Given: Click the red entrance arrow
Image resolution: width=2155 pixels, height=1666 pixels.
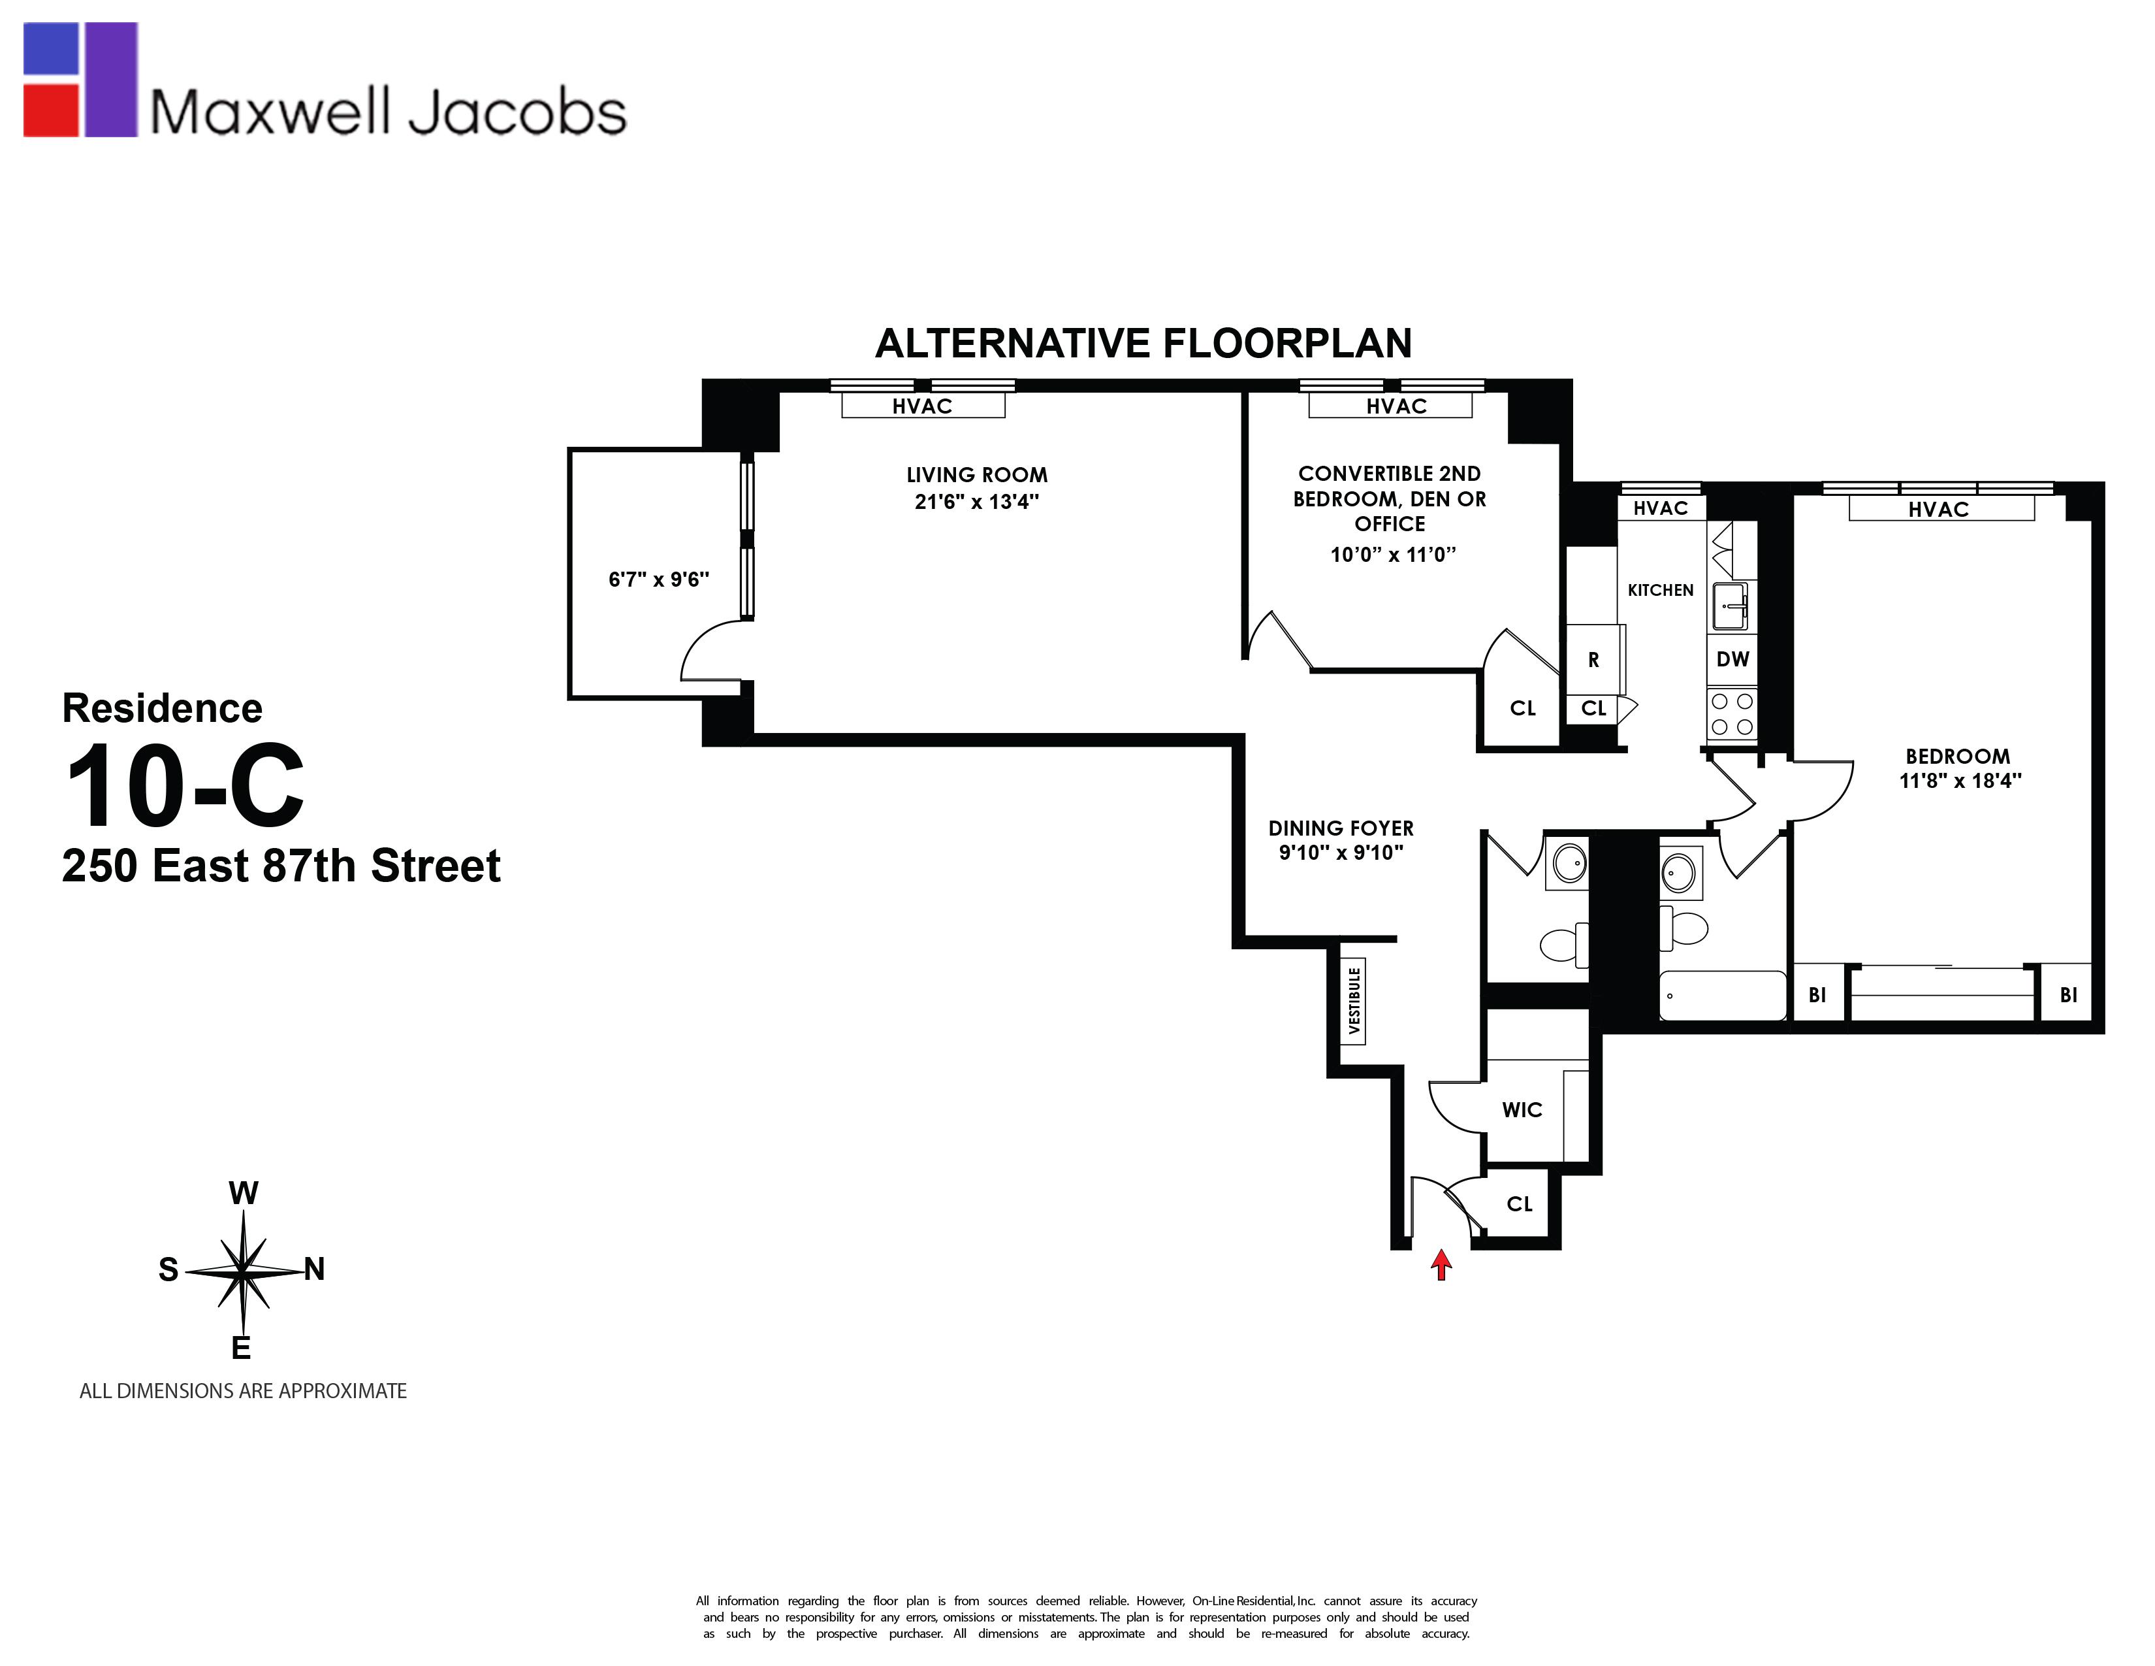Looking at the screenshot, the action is [1442, 1264].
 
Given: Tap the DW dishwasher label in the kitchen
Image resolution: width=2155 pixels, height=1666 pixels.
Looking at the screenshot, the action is [1732, 659].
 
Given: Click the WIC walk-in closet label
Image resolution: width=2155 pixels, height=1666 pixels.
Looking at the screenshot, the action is [1522, 1109].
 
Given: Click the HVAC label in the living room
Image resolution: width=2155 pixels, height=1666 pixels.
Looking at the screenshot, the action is [923, 406].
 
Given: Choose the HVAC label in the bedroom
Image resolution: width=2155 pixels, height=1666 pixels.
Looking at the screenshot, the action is [1938, 510].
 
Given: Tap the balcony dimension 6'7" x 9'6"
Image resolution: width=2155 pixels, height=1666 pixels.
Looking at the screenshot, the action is [659, 580].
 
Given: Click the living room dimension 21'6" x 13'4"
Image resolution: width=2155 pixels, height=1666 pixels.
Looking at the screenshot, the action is [977, 501].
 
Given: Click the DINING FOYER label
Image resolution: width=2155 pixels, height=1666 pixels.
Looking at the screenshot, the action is [1341, 828].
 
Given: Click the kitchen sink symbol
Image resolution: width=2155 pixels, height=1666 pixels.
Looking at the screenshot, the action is [1730, 605].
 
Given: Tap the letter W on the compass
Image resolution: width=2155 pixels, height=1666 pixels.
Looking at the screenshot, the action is [244, 1193].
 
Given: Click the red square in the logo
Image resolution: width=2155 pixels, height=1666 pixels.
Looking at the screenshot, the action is [50, 110].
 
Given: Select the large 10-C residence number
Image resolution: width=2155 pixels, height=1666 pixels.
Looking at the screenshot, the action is [185, 787].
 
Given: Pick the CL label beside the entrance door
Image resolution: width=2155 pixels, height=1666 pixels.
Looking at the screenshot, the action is [1520, 1204].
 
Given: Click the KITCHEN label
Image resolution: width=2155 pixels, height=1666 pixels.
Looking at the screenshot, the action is [1661, 590].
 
